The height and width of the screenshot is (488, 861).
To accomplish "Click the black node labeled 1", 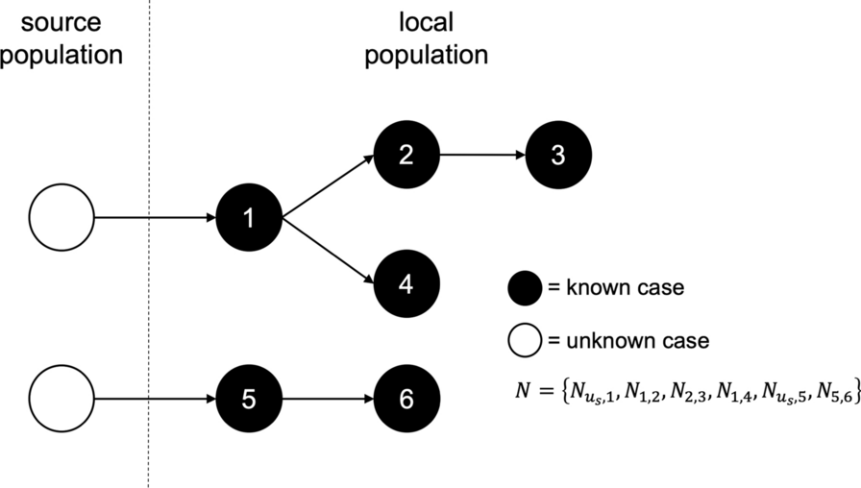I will pyautogui.click(x=249, y=218).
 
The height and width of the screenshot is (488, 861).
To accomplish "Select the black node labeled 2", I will pyautogui.click(x=406, y=155).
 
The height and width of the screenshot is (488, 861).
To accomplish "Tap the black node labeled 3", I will pyautogui.click(x=558, y=155).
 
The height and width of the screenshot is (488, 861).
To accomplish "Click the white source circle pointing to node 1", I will pyautogui.click(x=61, y=218).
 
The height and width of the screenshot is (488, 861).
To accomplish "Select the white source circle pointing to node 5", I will pyautogui.click(x=61, y=398).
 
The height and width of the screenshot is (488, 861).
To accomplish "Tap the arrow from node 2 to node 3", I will pyautogui.click(x=481, y=155).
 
